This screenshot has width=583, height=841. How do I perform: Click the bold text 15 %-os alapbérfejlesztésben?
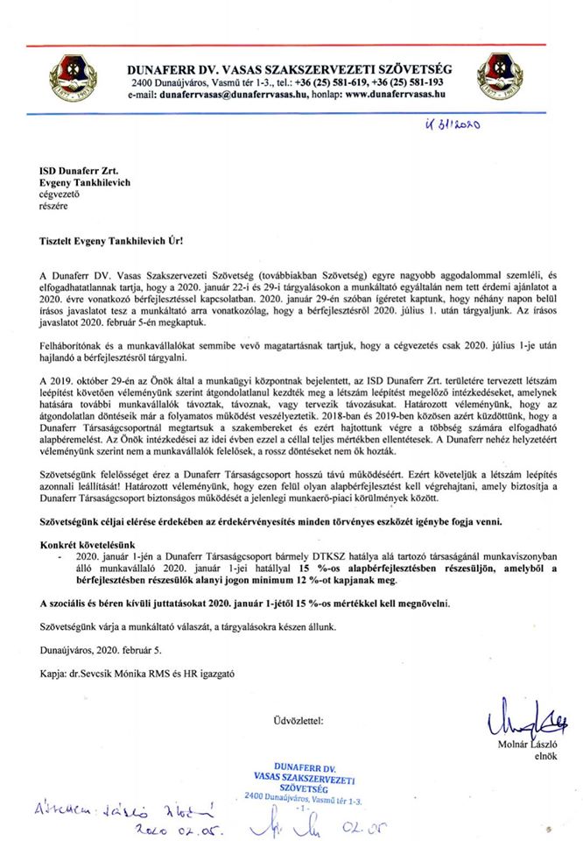[x=316, y=567]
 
